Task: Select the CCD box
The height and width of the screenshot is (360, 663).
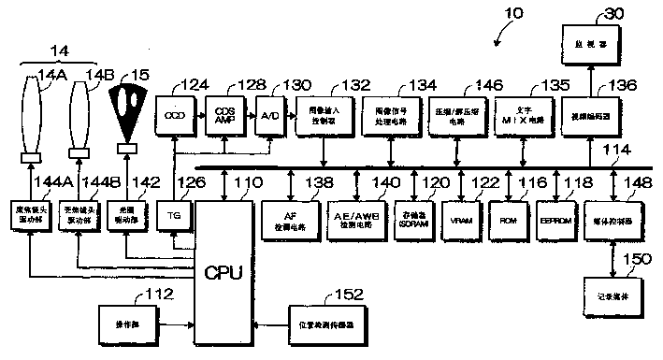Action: [172, 115]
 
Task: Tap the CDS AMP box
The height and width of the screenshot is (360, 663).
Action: [221, 115]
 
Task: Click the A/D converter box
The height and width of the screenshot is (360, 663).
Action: [267, 115]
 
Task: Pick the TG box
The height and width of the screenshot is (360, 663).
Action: [173, 214]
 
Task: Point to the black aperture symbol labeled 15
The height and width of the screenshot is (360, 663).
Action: [128, 111]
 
